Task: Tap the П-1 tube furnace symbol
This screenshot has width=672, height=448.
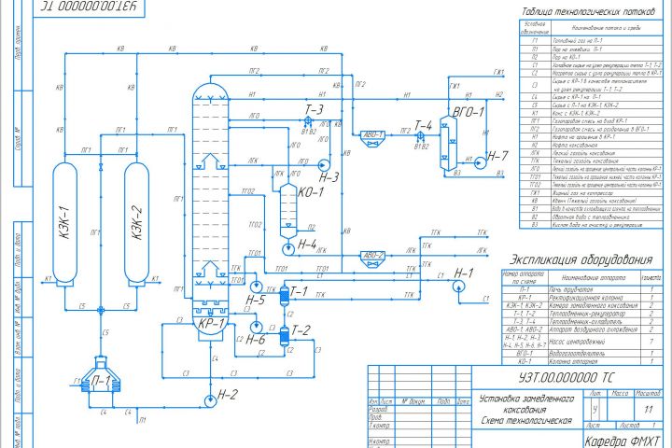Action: (x=99, y=379)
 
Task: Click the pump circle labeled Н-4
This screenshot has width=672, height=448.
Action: (x=287, y=249)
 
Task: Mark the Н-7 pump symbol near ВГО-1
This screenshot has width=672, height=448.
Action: (x=472, y=160)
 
